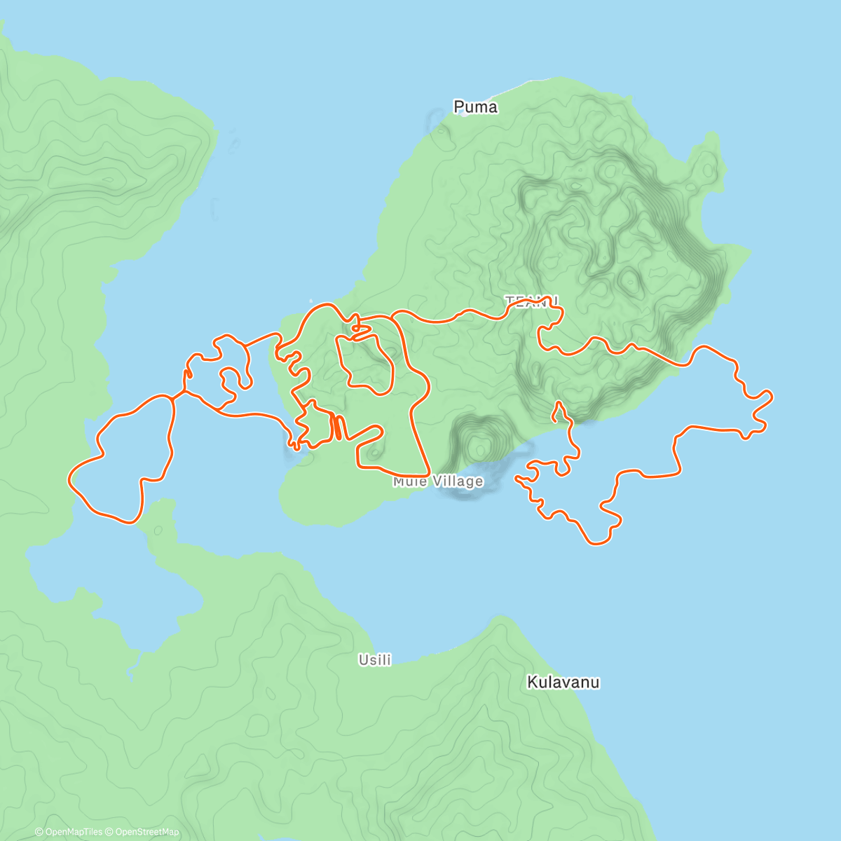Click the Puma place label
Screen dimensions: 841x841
(475, 107)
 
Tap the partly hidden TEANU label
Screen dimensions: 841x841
(532, 301)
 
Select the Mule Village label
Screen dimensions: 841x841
(438, 481)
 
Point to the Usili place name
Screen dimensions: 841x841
(375, 660)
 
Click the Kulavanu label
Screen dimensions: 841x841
(563, 683)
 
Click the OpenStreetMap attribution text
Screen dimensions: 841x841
(147, 832)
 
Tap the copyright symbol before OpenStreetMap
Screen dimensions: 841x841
(110, 832)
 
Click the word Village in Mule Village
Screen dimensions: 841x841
(458, 481)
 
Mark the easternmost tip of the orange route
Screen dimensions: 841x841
(772, 397)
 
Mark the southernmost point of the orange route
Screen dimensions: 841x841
(596, 544)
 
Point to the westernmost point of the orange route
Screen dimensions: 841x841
(69, 479)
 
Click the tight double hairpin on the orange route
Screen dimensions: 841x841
(337, 427)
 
